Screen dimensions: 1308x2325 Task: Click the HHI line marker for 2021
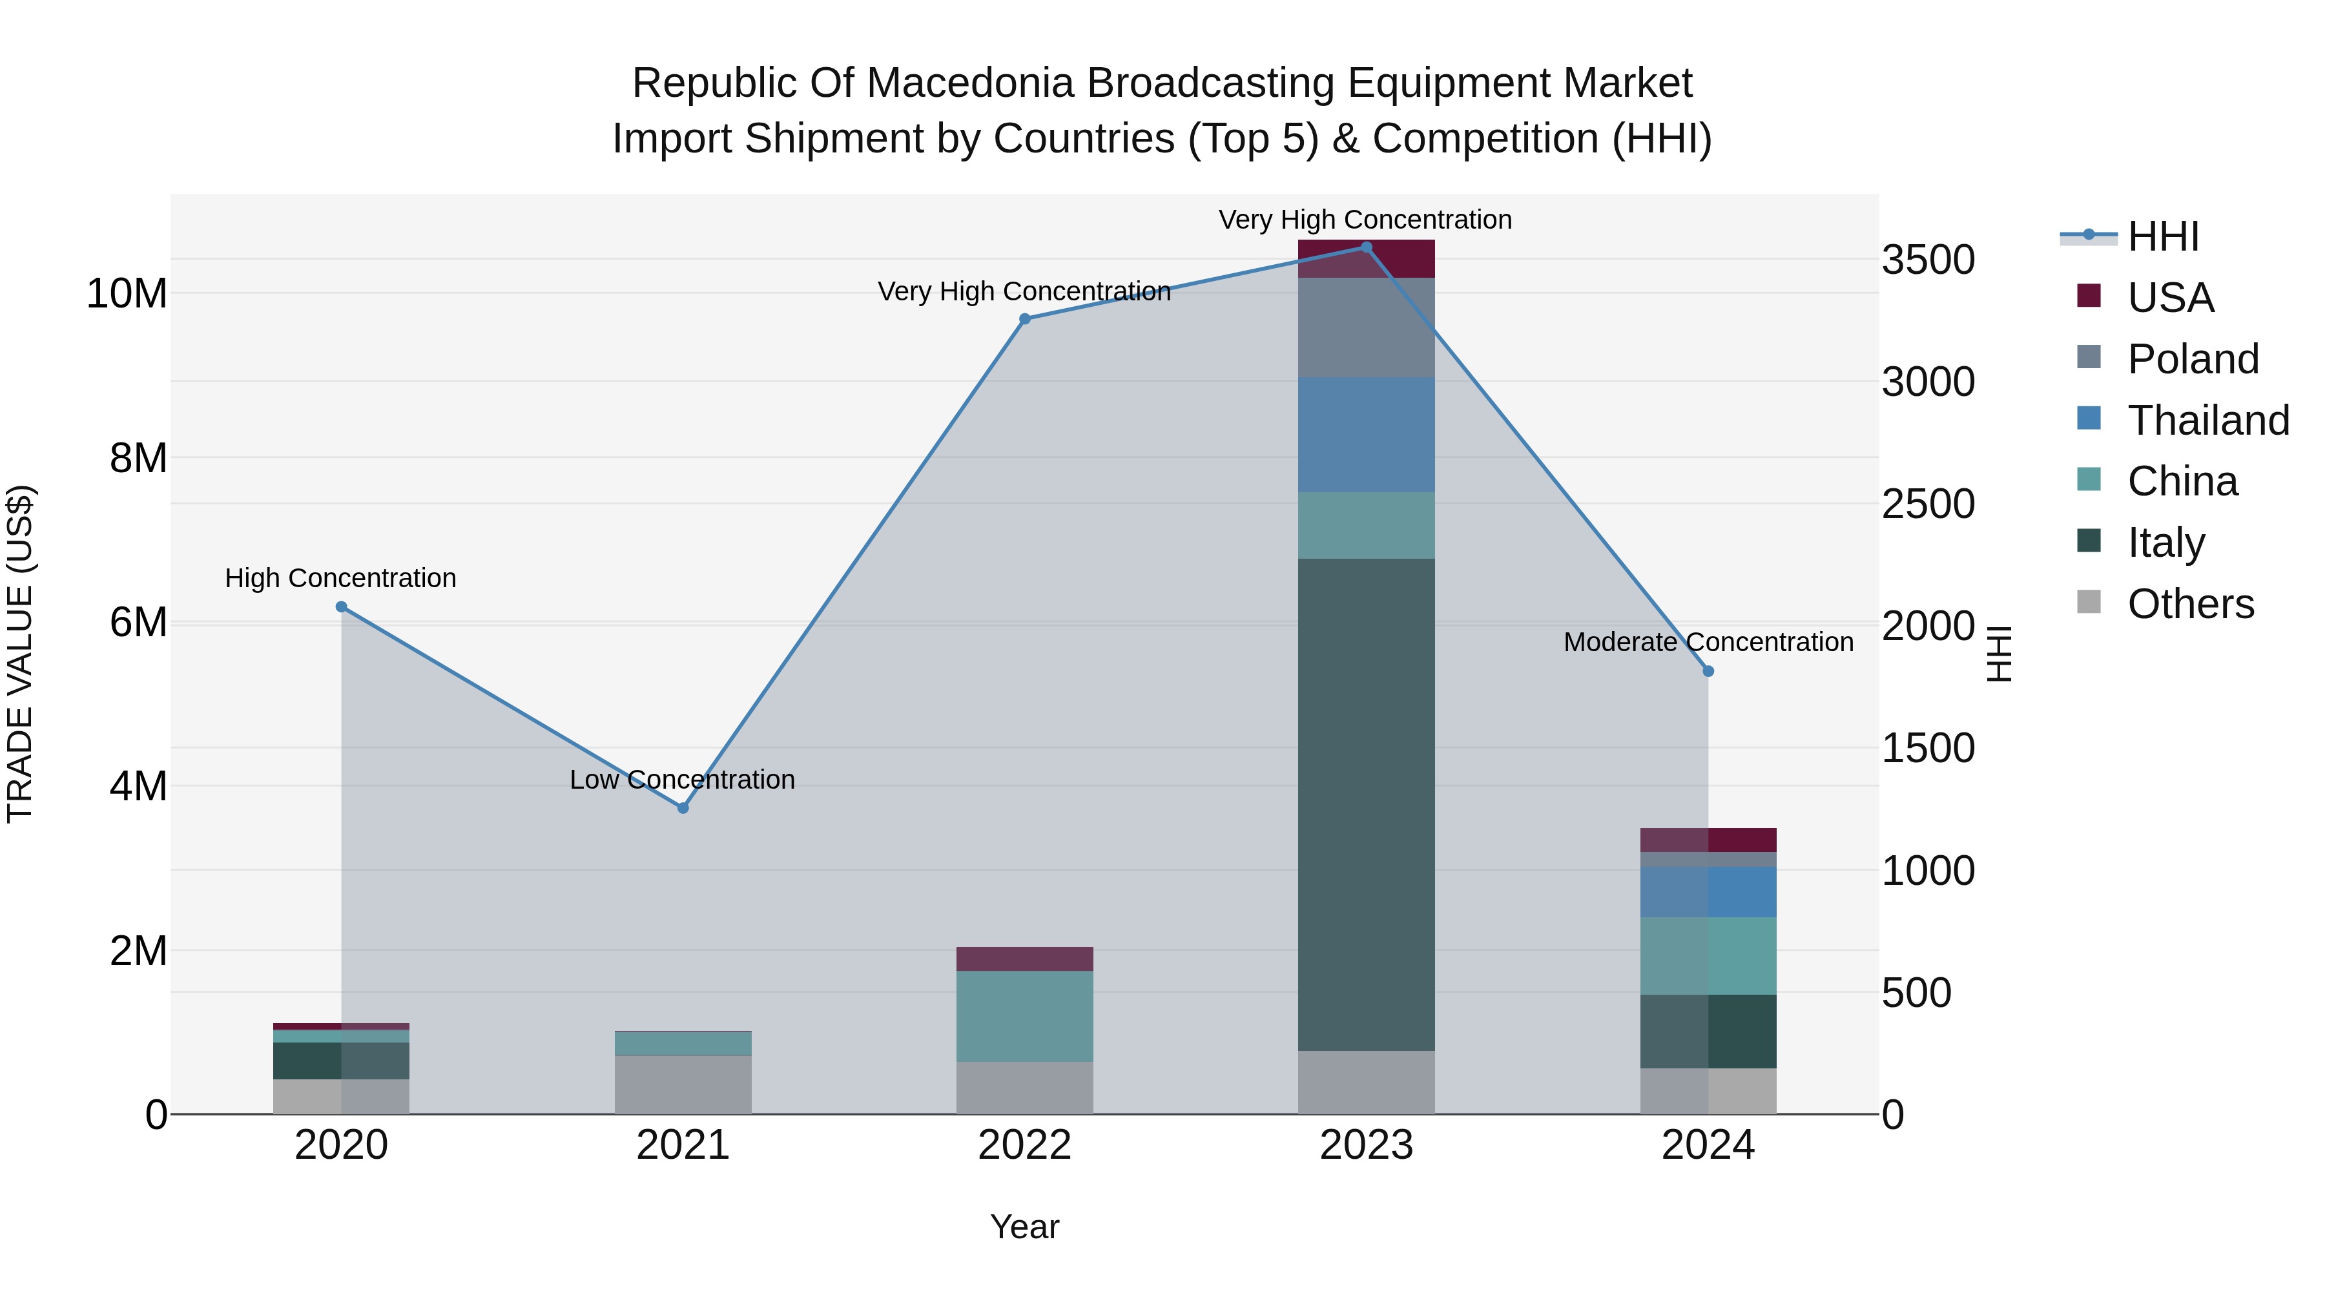pos(683,808)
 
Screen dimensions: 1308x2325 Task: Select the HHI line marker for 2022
pos(1024,318)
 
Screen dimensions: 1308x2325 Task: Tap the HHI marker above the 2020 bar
pos(341,607)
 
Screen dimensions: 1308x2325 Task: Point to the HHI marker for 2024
pos(1708,672)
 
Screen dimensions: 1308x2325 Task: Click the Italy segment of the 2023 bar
pos(1365,804)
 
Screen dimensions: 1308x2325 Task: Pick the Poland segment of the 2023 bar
pos(1365,327)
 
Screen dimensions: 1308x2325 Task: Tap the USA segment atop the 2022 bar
pos(1024,959)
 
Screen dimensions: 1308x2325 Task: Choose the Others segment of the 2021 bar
pos(683,1084)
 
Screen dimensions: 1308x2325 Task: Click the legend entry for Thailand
pos(2207,420)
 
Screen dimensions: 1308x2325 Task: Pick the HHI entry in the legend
pos(2162,236)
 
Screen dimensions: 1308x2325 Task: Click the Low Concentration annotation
pos(683,779)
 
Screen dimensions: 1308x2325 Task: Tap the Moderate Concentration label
pos(1708,642)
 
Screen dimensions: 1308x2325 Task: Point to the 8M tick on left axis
pos(138,459)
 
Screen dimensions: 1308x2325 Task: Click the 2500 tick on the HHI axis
pos(1928,504)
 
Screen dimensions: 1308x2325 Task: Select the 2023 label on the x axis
pos(1365,1145)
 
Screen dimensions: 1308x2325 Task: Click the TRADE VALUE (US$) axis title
pos(20,654)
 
